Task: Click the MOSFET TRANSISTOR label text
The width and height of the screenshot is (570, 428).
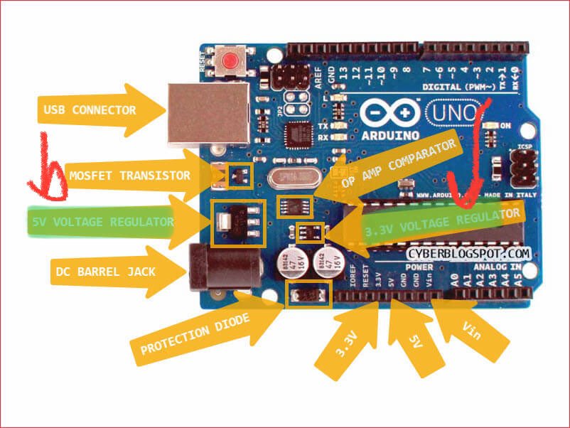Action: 129,175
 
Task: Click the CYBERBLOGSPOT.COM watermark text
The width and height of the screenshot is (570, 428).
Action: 469,252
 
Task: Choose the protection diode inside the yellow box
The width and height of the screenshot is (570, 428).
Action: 308,293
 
